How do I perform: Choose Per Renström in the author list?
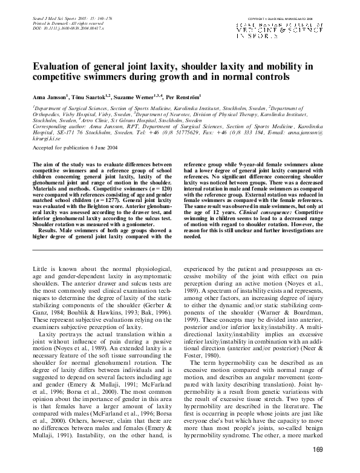pos(186,97)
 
